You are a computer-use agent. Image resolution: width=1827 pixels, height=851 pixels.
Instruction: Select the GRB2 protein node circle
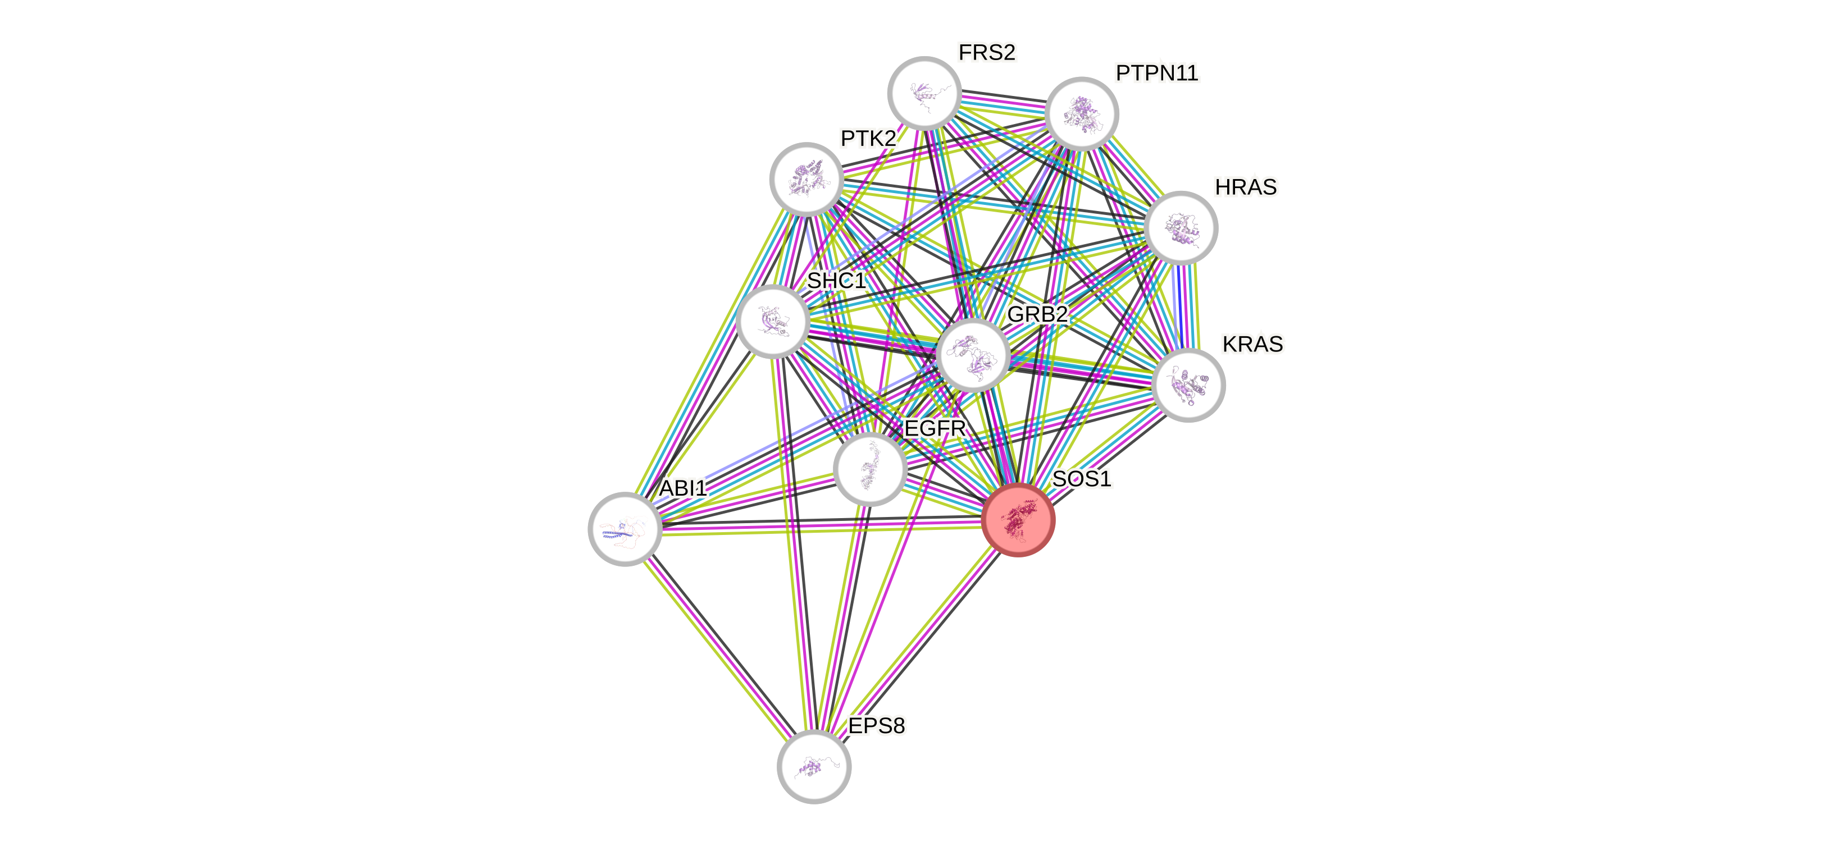(973, 355)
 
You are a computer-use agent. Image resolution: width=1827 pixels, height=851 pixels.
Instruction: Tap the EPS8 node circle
(814, 767)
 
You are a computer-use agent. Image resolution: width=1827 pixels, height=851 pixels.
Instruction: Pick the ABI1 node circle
(626, 529)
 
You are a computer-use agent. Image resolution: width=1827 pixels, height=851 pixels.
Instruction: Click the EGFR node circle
(870, 469)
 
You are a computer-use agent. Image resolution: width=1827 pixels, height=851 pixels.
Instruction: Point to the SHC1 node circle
(773, 321)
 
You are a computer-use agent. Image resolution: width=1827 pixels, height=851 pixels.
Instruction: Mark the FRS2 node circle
(924, 93)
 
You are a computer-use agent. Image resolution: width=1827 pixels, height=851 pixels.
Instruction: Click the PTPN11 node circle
(1082, 113)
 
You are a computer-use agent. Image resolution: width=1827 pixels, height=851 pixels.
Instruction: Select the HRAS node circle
(1181, 228)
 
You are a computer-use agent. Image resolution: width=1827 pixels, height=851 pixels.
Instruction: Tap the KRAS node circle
(1188, 385)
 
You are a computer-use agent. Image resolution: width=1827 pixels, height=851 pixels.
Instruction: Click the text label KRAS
(1252, 344)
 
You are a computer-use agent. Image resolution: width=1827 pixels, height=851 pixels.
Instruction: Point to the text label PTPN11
(1157, 73)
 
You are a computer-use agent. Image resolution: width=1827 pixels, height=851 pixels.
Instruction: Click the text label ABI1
(683, 488)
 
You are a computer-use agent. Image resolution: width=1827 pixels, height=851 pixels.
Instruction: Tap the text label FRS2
(987, 52)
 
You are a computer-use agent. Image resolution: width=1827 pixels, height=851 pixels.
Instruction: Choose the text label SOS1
(1082, 479)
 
